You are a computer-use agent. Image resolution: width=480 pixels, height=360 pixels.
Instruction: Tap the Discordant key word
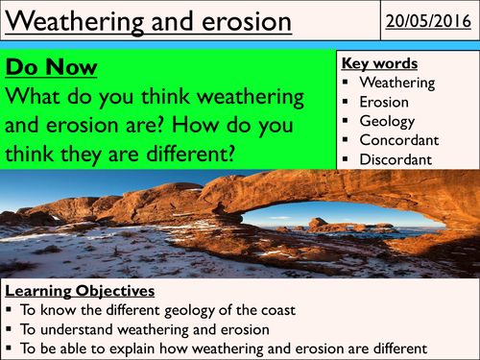[x=395, y=158]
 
